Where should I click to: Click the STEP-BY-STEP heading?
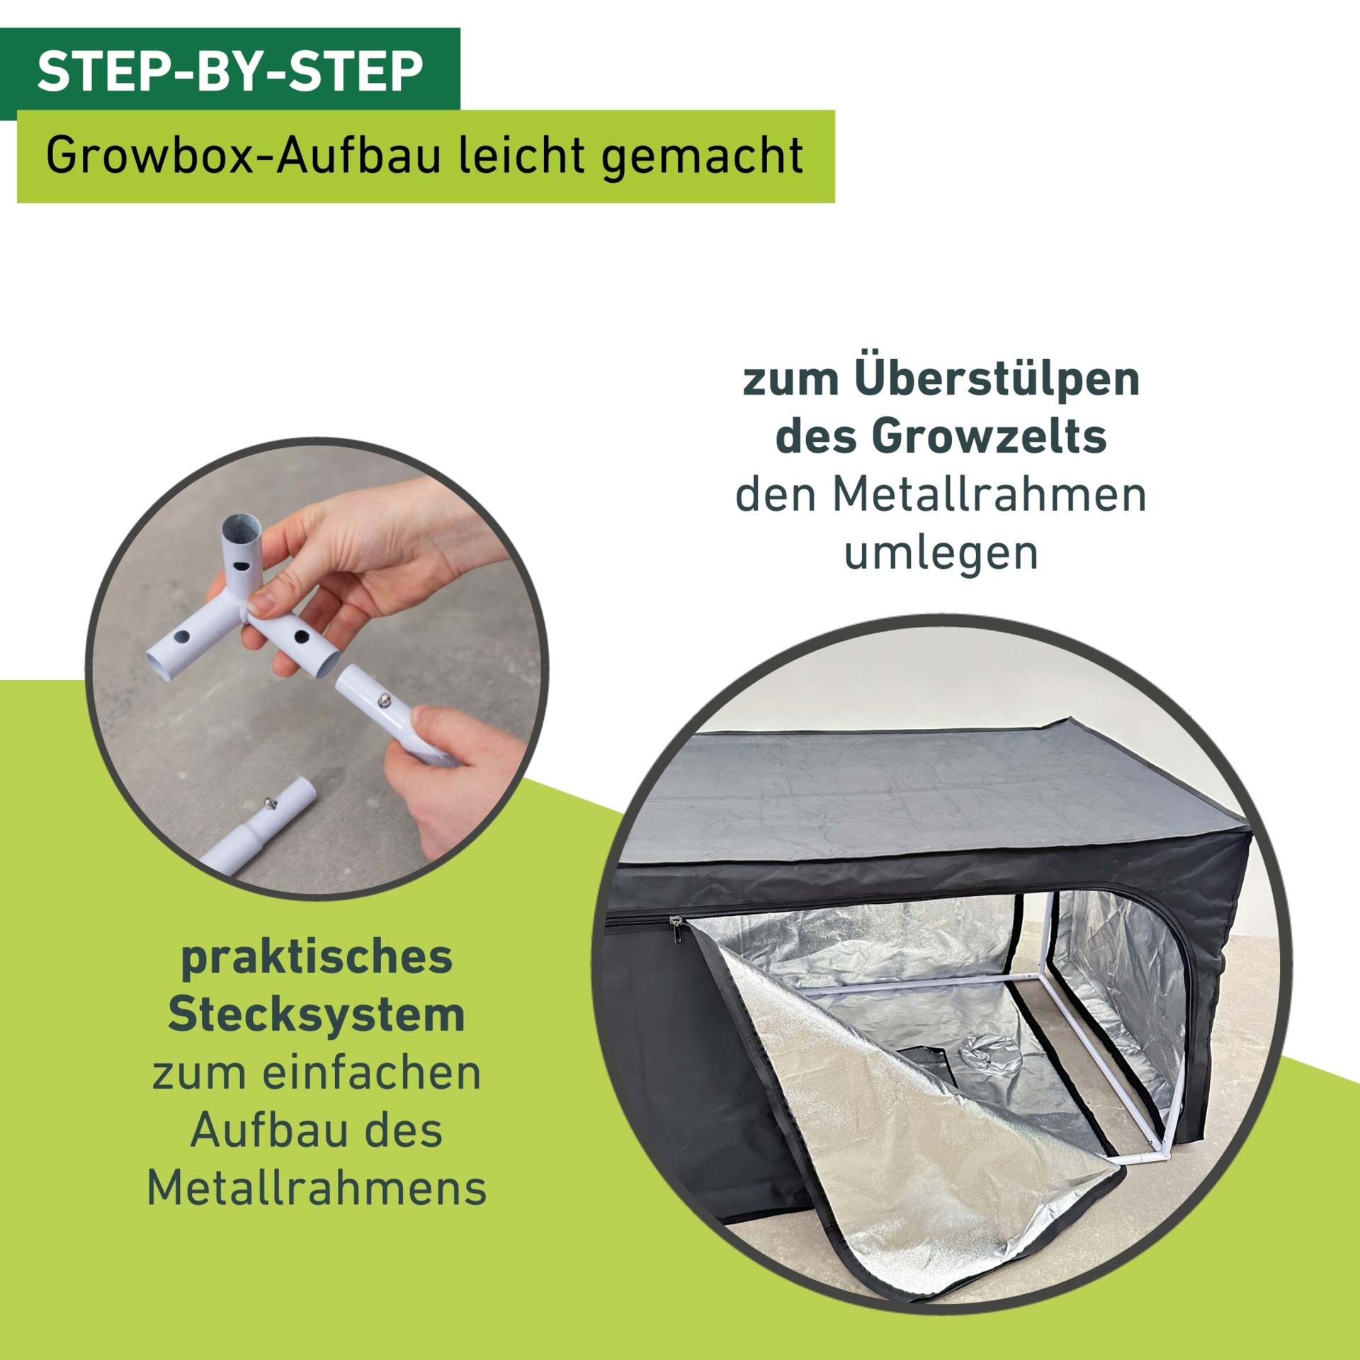coord(229,71)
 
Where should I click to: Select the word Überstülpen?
coord(997,380)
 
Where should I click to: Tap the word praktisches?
coord(316,958)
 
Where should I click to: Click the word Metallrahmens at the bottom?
coord(316,1186)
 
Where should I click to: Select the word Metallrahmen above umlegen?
coord(989,495)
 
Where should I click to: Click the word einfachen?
coord(371,1073)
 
